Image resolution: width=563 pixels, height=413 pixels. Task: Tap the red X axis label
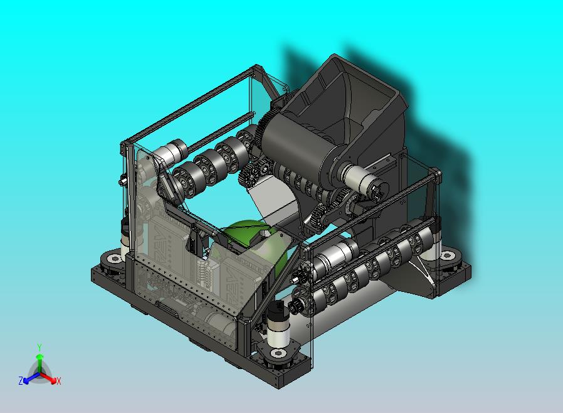click(58, 381)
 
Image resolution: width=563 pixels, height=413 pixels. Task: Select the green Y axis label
click(39, 348)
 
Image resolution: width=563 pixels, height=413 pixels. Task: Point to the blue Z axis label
click(21, 380)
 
